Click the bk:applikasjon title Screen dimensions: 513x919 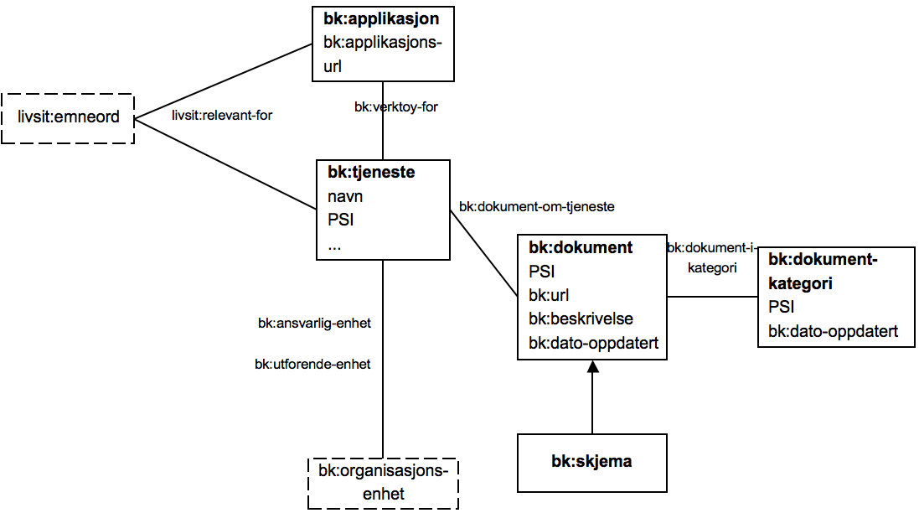381,18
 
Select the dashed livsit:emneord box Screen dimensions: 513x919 68,117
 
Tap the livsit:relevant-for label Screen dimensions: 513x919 222,115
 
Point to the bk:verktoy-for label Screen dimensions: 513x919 396,106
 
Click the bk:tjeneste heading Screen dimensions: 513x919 371,173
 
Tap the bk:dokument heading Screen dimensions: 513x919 581,247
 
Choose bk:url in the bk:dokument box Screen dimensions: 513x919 549,295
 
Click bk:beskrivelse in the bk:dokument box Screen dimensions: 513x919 581,319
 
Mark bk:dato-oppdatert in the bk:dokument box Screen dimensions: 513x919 594,343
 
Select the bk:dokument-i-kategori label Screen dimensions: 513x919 712,257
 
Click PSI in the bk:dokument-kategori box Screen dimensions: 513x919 781,307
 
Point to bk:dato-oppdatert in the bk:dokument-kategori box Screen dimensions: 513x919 833,331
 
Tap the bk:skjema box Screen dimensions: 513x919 591,462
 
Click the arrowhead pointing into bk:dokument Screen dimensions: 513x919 592,367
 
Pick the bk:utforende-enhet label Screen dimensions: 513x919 312,364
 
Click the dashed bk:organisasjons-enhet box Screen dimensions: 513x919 383,482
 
